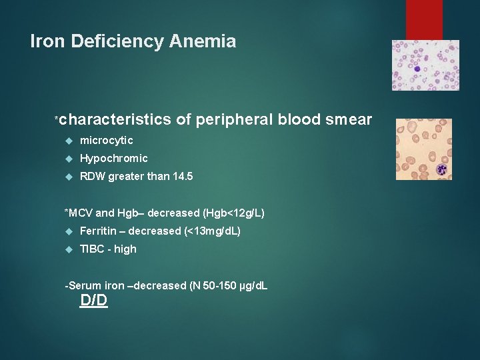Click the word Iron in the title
click(x=47, y=41)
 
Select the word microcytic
click(x=106, y=140)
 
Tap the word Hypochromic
click(x=113, y=158)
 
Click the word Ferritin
click(x=97, y=231)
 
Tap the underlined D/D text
click(x=93, y=301)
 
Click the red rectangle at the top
click(x=424, y=19)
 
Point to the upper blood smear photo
click(x=425, y=65)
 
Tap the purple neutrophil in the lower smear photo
click(x=441, y=170)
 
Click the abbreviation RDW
click(x=93, y=177)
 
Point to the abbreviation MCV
click(x=81, y=213)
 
